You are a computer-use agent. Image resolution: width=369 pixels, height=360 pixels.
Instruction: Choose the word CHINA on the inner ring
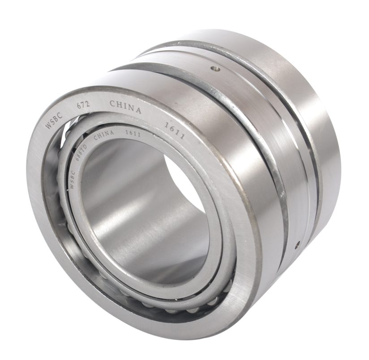point(103,135)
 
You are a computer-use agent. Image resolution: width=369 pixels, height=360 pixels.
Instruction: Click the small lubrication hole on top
point(215,69)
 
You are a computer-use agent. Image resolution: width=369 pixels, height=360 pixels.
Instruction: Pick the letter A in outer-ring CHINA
point(138,111)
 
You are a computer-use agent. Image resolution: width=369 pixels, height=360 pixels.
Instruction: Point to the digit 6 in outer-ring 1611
point(170,128)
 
